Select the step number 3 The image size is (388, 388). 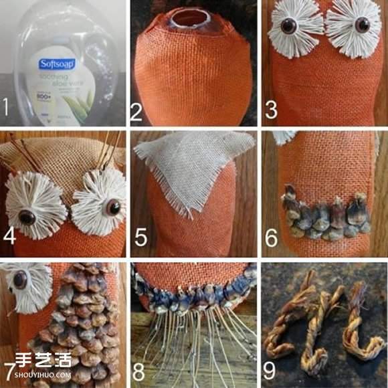pos(271,109)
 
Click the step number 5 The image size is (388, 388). pos(139,239)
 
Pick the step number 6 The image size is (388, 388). pos(270,239)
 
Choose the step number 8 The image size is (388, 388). pos(139,368)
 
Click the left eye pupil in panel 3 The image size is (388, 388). pos(290,26)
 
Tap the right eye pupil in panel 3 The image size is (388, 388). pos(361,25)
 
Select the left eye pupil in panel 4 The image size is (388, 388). pos(27,217)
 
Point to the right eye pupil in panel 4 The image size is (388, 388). pos(112,209)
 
